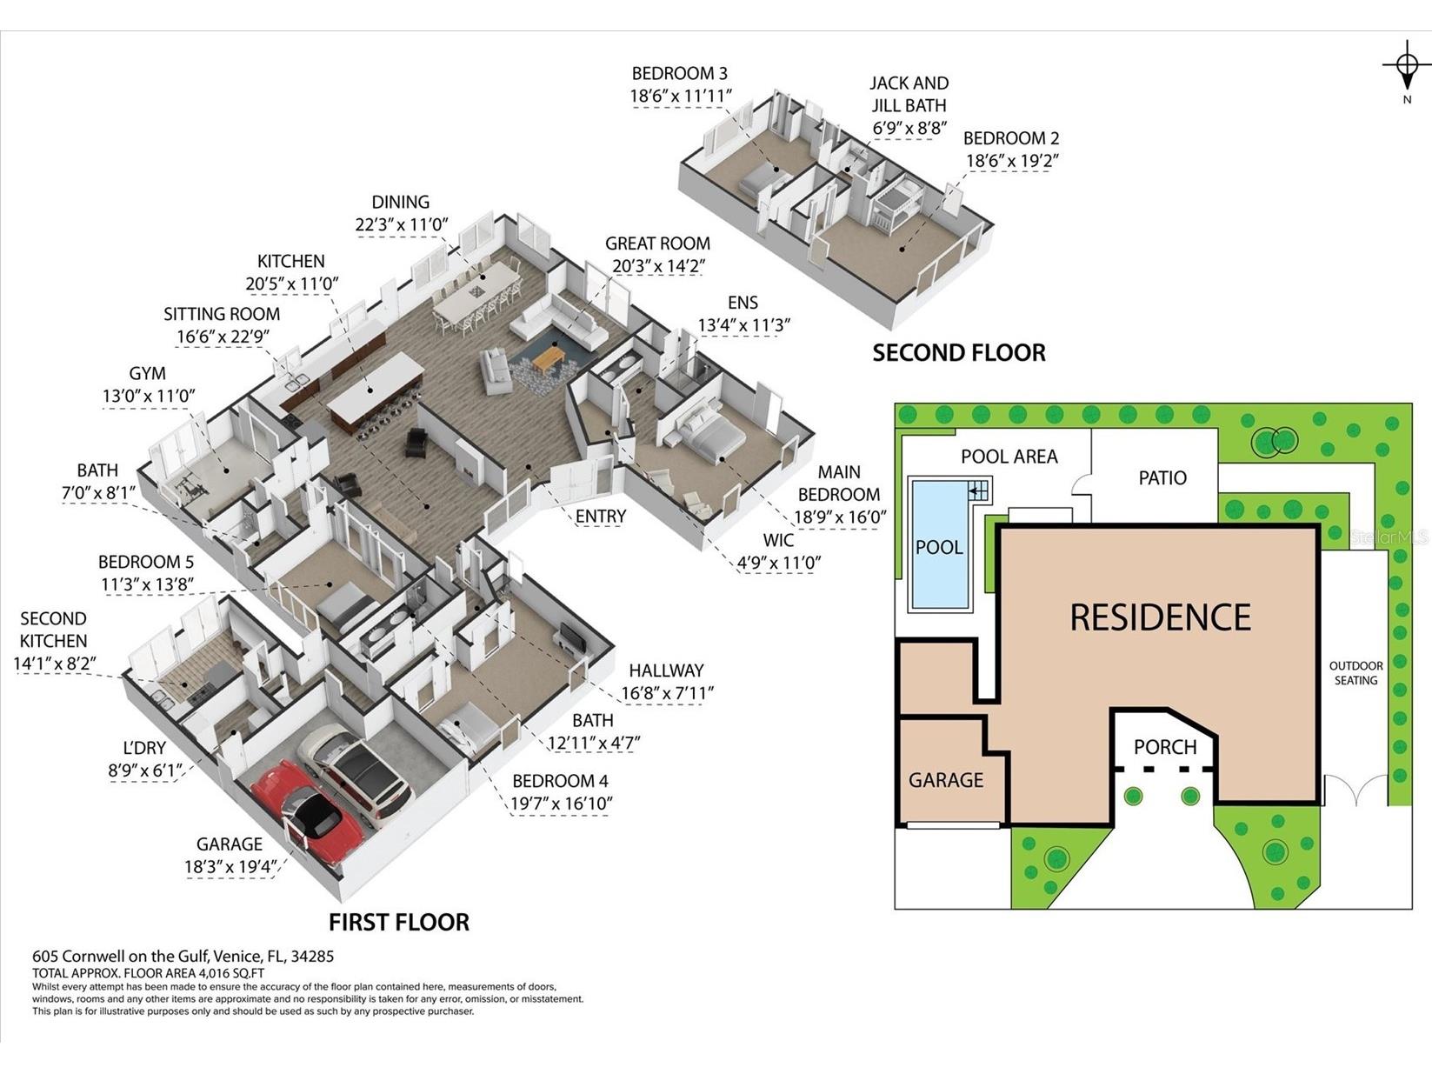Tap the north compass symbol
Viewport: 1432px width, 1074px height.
1406,67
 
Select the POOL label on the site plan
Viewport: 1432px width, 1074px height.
939,548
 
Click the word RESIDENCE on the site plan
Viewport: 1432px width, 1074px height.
1160,617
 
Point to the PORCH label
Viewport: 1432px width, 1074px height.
1165,747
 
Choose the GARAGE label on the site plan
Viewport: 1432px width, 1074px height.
946,780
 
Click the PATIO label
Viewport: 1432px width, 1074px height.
1162,477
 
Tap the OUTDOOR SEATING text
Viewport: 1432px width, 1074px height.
1355,673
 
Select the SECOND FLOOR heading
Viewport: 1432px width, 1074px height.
958,352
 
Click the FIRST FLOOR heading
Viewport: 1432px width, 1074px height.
398,922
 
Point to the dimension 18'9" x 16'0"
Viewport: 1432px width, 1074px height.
839,517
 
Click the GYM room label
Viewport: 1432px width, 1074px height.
147,373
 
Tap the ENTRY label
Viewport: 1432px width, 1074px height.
600,517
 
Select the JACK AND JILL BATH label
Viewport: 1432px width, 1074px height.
909,94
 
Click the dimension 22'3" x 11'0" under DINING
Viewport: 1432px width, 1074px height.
401,224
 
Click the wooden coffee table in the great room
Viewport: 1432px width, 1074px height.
549,357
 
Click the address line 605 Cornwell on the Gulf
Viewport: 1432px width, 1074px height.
183,956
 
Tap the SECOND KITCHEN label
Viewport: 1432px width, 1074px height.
53,630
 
